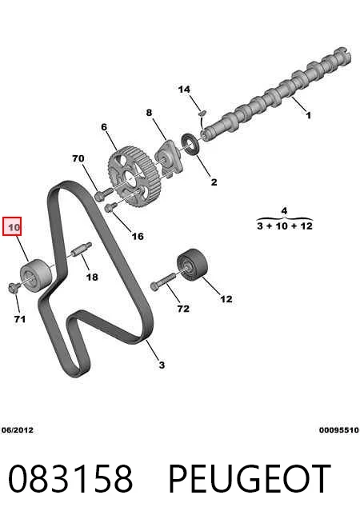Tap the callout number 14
[x=184, y=90]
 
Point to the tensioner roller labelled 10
[x=36, y=275]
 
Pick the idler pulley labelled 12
[x=192, y=263]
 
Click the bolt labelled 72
[x=163, y=281]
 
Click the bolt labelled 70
[x=103, y=194]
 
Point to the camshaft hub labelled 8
[x=169, y=158]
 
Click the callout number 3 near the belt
[x=162, y=365]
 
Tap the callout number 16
[x=138, y=236]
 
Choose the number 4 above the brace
[x=284, y=211]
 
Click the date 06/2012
[x=18, y=430]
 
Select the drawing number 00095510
[x=338, y=430]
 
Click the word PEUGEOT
[x=250, y=479]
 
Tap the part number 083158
[x=70, y=479]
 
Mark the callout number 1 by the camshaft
[x=309, y=115]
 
